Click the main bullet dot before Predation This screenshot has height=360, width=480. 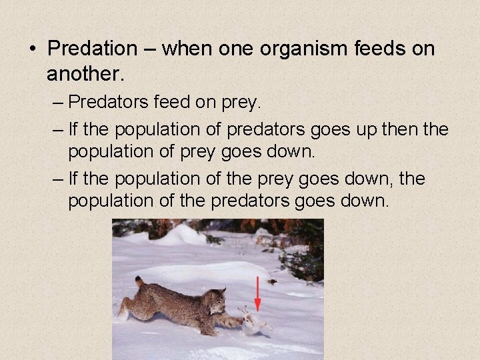(x=32, y=49)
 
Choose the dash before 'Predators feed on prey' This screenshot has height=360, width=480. (x=57, y=103)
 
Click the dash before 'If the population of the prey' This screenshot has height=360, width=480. (x=57, y=179)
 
